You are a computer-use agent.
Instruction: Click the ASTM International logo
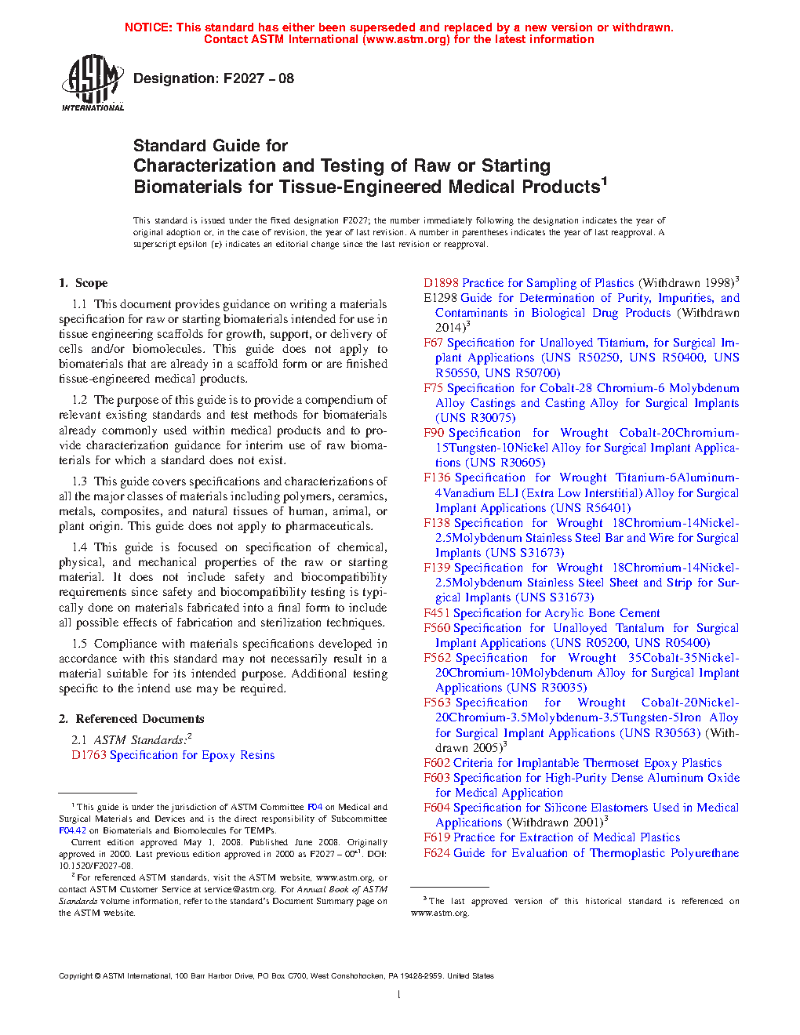point(93,82)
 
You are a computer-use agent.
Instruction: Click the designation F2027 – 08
point(213,78)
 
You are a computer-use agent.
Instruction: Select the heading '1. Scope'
point(83,283)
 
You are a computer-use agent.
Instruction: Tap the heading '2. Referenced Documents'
point(131,719)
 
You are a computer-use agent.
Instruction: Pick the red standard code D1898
point(441,283)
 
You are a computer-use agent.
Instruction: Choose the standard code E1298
point(440,298)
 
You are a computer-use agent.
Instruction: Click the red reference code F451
point(437,613)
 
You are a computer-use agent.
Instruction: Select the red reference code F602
point(437,763)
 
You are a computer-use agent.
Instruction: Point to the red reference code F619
point(437,837)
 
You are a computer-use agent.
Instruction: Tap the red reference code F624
point(437,853)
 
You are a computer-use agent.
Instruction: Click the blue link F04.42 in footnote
point(72,830)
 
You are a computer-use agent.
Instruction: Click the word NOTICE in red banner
point(148,27)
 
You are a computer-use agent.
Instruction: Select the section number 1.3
point(79,481)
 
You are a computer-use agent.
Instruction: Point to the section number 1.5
point(79,644)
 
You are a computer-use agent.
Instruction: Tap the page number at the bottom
point(399,995)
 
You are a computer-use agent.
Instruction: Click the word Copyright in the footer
point(75,976)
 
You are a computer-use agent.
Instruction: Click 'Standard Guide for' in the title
point(210,146)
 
